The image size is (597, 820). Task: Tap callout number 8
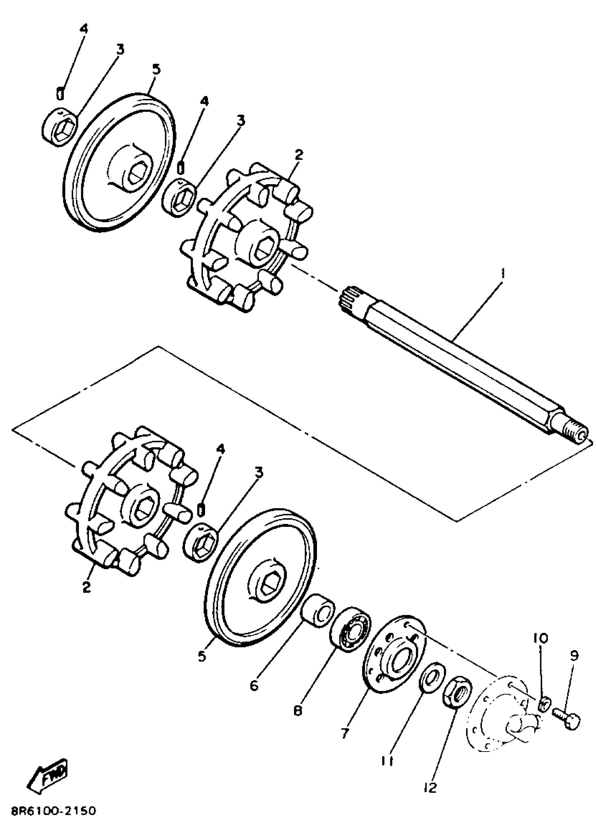(297, 712)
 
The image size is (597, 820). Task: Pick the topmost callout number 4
(84, 29)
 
